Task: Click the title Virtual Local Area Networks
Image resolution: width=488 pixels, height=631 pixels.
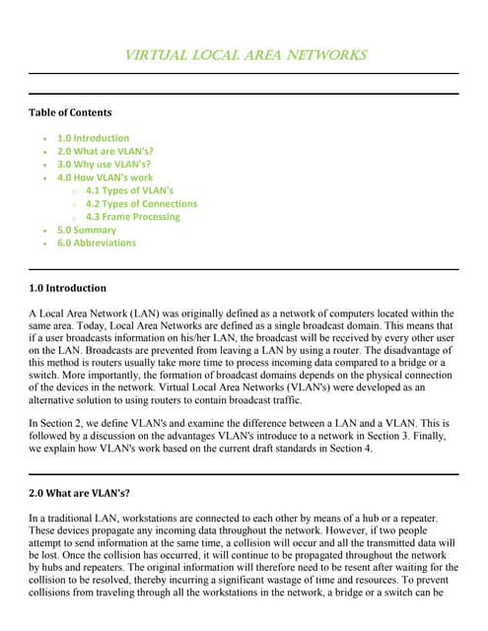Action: pyautogui.click(x=244, y=55)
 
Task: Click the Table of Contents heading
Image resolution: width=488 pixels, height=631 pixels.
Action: pyautogui.click(x=70, y=112)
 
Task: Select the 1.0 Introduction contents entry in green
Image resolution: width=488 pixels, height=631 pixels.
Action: pyautogui.click(x=93, y=139)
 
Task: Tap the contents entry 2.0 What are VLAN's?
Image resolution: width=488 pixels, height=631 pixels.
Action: pyautogui.click(x=105, y=152)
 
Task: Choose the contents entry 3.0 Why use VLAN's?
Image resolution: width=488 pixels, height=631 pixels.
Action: pyautogui.click(x=104, y=165)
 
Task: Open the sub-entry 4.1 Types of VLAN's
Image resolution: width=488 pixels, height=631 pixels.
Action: pyautogui.click(x=129, y=190)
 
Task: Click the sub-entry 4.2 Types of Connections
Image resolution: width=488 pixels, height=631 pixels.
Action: pyautogui.click(x=141, y=204)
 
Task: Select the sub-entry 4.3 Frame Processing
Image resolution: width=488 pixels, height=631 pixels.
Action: pyautogui.click(x=133, y=217)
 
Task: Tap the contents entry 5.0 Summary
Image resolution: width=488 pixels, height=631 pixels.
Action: pyautogui.click(x=86, y=230)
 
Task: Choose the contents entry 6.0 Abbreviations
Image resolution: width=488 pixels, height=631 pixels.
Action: pyautogui.click(x=97, y=243)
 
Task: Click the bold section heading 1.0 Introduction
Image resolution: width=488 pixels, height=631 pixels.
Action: pyautogui.click(x=67, y=289)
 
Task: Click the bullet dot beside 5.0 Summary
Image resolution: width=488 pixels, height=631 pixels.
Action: pyautogui.click(x=46, y=231)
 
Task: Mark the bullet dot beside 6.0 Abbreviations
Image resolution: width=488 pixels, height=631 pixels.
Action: pyautogui.click(x=46, y=244)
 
